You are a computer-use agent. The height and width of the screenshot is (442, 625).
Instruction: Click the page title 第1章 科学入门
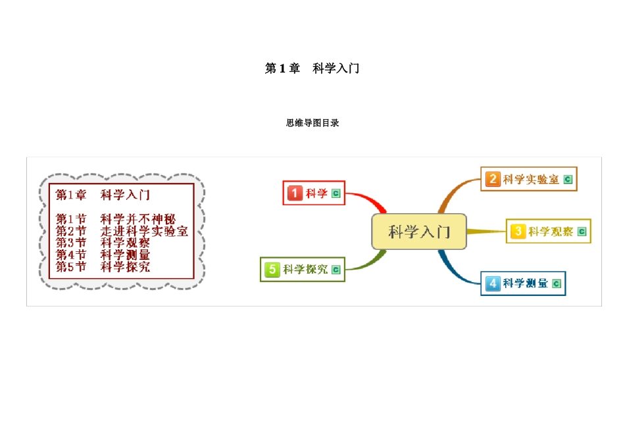click(312, 68)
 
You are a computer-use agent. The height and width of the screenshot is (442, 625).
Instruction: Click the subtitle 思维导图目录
click(312, 123)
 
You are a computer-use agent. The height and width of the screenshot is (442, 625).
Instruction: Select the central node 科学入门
click(419, 232)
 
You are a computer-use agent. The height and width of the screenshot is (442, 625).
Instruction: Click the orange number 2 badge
click(492, 179)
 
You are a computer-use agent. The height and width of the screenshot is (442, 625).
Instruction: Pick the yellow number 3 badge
click(518, 231)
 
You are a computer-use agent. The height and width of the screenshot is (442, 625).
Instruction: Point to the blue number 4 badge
click(493, 283)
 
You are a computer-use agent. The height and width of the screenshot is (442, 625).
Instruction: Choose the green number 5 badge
click(272, 269)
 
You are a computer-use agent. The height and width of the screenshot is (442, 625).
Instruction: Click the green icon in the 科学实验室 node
click(568, 179)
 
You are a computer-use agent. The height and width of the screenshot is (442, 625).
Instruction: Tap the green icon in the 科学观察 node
click(581, 232)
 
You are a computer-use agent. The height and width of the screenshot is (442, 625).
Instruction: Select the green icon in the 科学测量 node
click(557, 283)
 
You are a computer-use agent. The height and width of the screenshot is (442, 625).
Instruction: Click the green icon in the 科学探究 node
click(336, 269)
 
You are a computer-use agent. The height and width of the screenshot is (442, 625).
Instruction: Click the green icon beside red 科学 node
click(336, 193)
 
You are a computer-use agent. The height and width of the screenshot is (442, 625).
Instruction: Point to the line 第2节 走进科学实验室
click(122, 231)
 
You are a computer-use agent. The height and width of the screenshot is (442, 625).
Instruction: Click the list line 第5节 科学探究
click(103, 266)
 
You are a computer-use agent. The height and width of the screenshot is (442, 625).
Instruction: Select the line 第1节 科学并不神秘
click(115, 219)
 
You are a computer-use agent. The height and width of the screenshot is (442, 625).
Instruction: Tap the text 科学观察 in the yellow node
click(551, 232)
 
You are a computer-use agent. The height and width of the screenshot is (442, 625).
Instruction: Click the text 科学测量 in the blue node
click(526, 283)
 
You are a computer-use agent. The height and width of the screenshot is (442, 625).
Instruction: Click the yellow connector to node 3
click(487, 231)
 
